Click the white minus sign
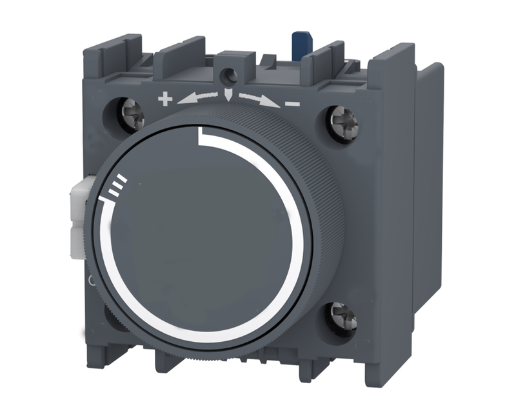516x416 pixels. click(292, 102)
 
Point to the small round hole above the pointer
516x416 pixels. click(229, 77)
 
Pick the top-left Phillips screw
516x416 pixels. click(131, 114)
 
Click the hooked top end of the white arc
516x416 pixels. click(202, 134)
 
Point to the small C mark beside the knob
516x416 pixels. click(91, 281)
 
